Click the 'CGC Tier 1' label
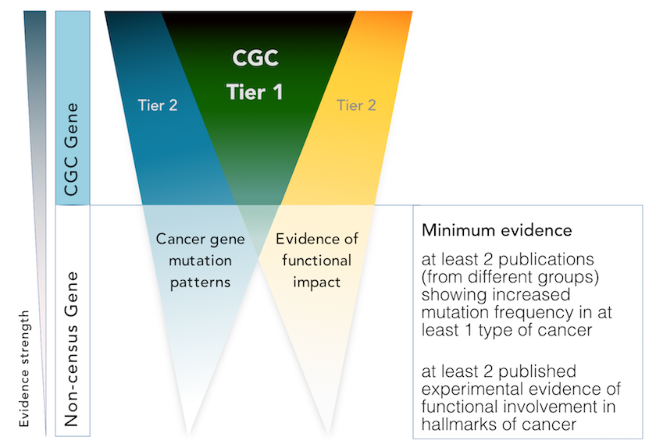255,75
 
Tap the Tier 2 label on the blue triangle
157,105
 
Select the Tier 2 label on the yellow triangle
356,105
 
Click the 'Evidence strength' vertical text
25,368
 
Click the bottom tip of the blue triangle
187,432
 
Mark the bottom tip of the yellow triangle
327,432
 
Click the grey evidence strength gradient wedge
35,117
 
